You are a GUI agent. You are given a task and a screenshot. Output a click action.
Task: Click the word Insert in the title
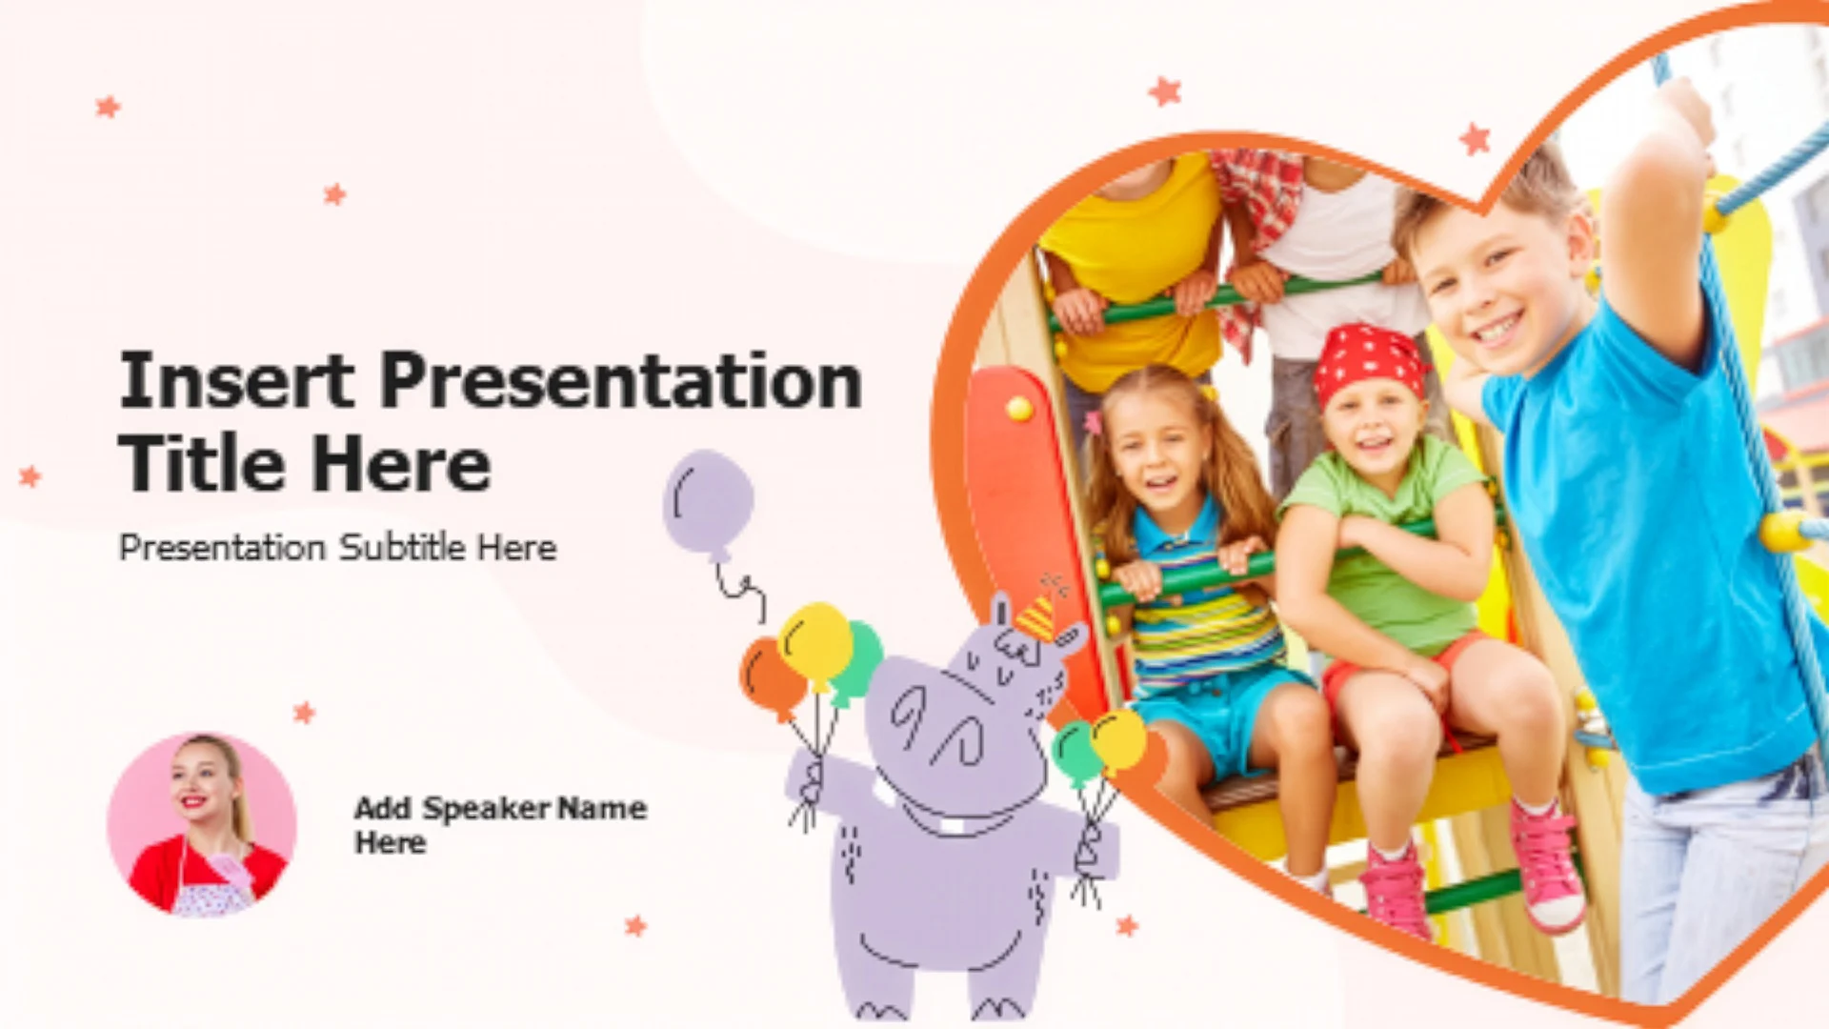(236, 380)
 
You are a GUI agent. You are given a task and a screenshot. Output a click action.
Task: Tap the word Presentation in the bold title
(621, 380)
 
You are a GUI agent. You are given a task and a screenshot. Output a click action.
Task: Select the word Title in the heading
(201, 464)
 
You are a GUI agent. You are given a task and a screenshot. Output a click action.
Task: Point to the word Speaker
(486, 809)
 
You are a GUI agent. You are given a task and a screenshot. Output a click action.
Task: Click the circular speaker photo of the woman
(201, 825)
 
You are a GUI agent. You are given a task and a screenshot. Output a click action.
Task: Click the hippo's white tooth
(953, 825)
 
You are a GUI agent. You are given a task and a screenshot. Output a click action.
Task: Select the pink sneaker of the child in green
(1548, 867)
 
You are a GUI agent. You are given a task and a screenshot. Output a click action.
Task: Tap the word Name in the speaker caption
(602, 809)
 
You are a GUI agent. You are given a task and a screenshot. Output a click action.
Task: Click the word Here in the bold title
(401, 464)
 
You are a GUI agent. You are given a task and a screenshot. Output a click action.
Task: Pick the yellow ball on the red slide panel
(1019, 409)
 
